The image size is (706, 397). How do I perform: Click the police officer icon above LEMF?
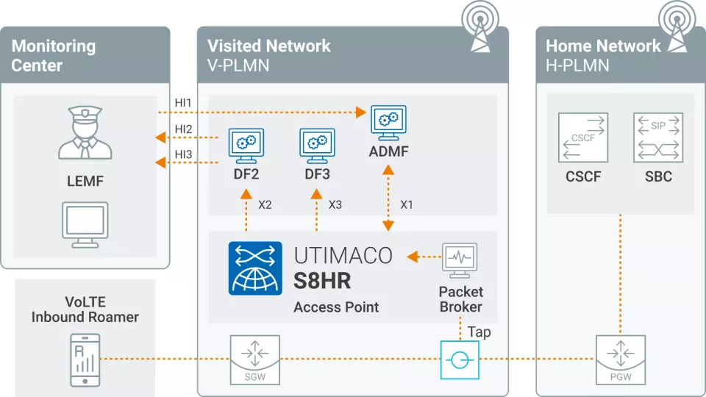coord(85,133)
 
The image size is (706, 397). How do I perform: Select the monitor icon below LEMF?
coord(85,224)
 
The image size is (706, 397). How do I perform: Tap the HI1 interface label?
coord(183,102)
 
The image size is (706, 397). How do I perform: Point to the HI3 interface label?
coord(183,154)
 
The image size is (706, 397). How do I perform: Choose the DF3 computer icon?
coord(317,145)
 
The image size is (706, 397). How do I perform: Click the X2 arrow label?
coord(265,204)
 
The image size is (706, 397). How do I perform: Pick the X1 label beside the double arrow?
coord(406,204)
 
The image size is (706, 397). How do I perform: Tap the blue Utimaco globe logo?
coord(254,268)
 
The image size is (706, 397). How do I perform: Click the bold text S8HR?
coord(322,281)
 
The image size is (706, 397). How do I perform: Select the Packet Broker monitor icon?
coord(460,260)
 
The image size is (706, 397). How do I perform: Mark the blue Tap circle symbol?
coord(460,360)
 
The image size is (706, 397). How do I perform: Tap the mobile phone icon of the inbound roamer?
coord(85,360)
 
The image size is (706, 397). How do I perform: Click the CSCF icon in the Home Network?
coord(582,137)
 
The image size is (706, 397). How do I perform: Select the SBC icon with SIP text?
coord(657,137)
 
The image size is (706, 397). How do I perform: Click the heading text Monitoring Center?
coord(54,55)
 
